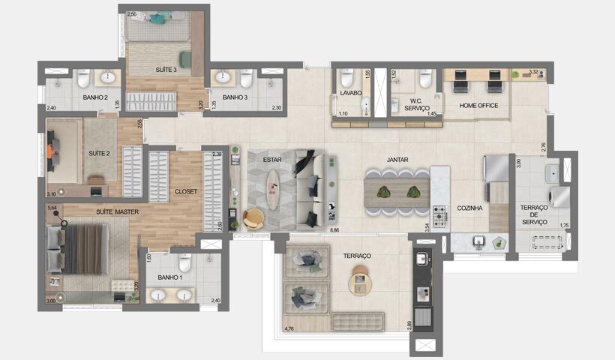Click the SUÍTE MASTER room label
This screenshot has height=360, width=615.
[x=116, y=212]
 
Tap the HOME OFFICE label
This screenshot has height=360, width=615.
[x=479, y=106]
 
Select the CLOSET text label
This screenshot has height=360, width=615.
[x=186, y=191]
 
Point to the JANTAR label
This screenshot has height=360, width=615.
[x=397, y=160]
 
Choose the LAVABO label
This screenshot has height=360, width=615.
[x=350, y=93]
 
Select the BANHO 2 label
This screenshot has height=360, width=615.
[x=96, y=97]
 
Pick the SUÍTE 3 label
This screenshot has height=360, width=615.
[x=166, y=70]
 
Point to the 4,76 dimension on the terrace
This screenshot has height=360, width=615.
[x=289, y=328]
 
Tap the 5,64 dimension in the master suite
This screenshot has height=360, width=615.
[x=52, y=208]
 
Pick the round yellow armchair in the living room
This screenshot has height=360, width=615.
[x=253, y=218]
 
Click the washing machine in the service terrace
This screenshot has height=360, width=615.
[x=559, y=196]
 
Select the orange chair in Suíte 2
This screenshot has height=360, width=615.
[x=50, y=151]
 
